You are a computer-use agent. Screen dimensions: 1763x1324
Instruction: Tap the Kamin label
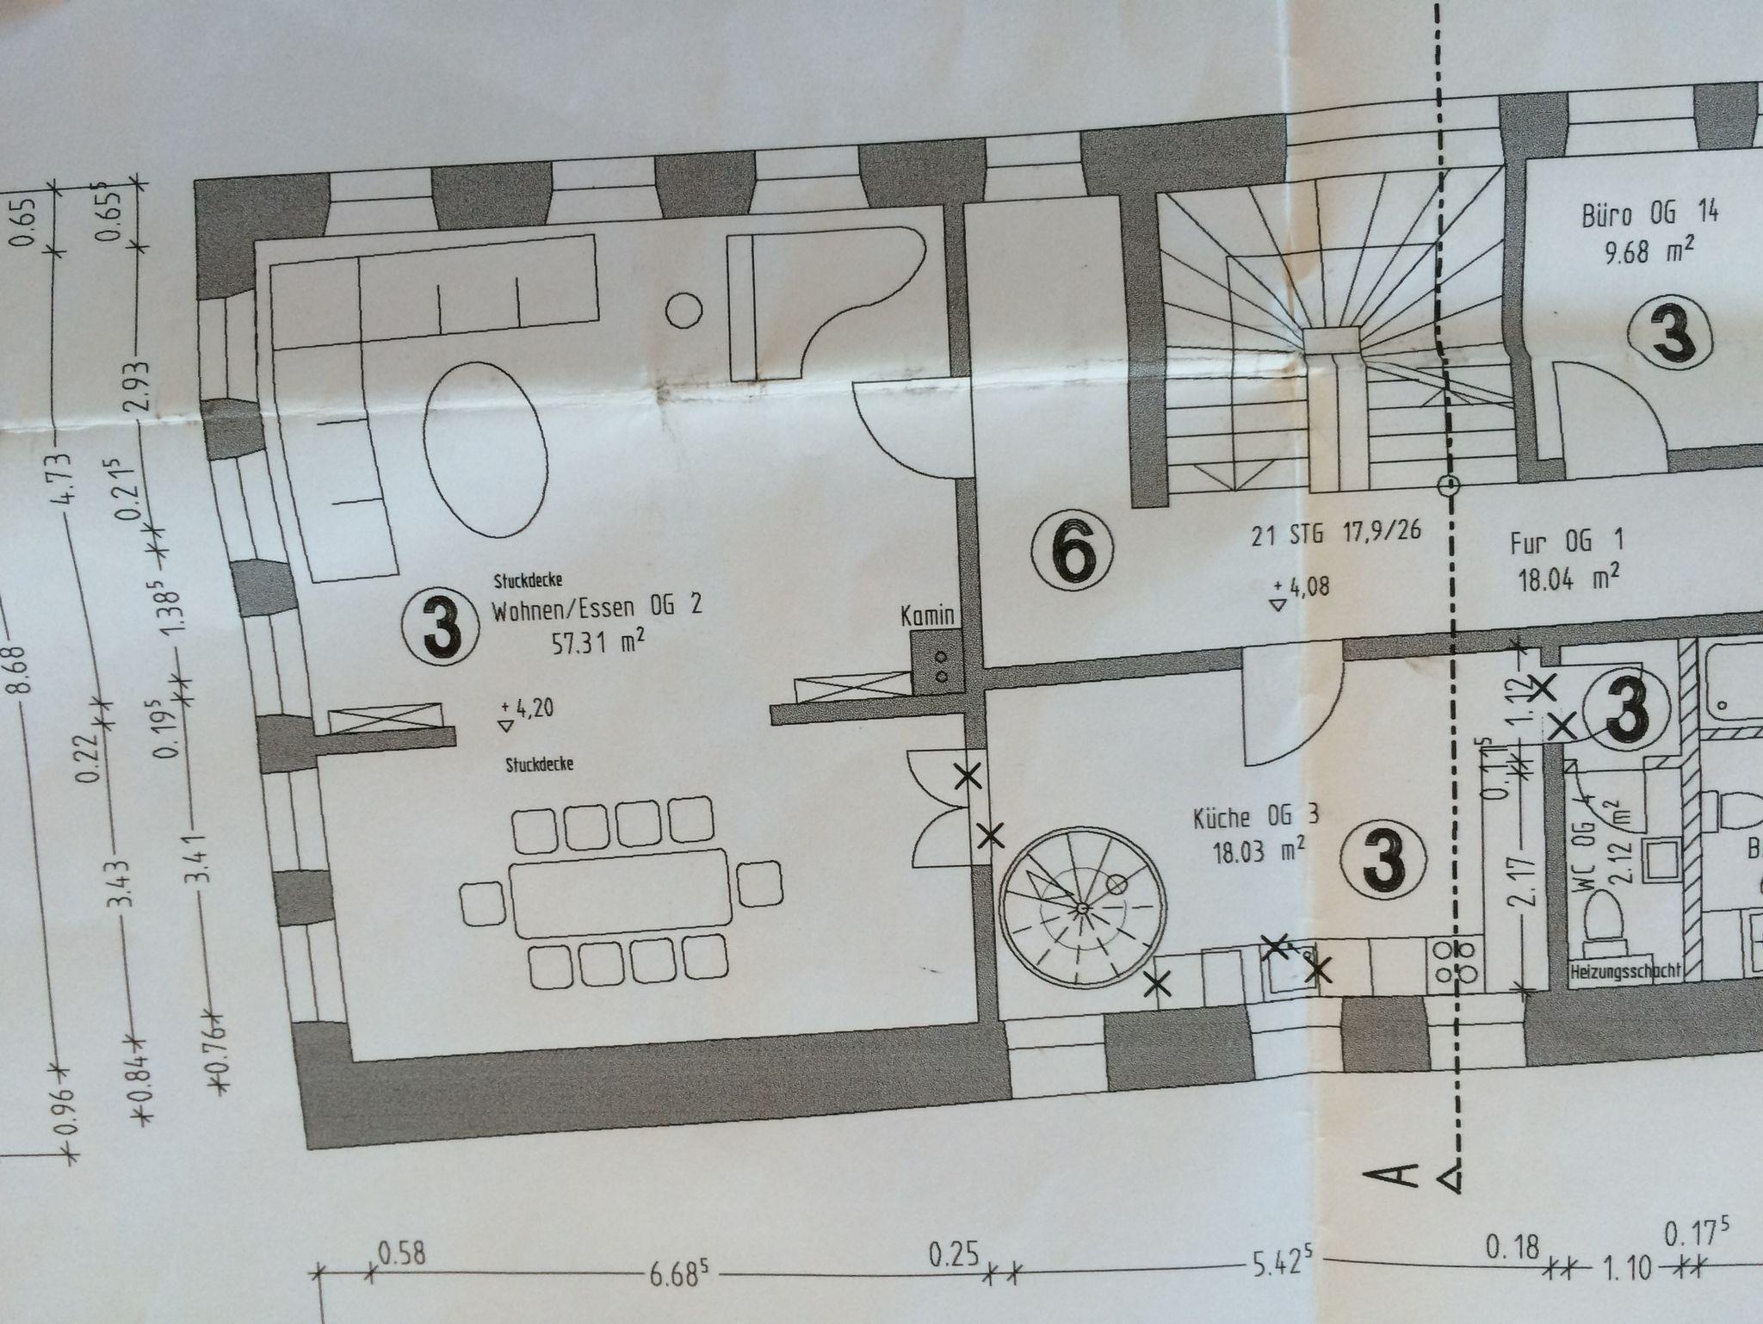928,615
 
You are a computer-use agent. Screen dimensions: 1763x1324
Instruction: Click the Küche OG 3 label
1255,817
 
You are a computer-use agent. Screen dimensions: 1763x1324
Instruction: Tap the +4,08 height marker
1300,591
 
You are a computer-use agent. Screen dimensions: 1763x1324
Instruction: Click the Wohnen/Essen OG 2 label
597,609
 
